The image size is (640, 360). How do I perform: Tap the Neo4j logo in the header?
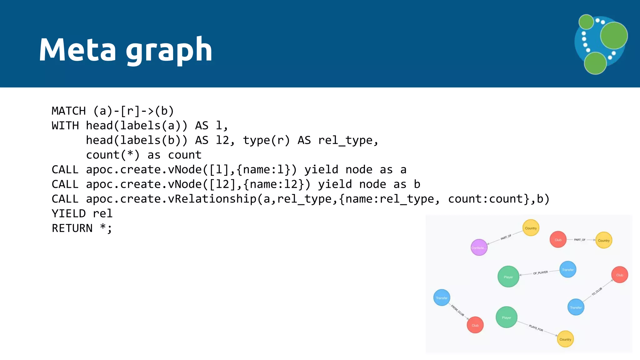601,44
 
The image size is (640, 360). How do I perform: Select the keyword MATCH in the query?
69,111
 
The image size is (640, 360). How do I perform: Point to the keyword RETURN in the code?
72,228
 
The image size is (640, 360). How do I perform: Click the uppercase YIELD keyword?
69,214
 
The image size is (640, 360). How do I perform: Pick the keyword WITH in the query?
65,126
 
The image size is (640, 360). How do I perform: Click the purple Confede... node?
479,247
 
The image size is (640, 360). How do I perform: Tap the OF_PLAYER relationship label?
540,273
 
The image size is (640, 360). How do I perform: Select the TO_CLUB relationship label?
597,292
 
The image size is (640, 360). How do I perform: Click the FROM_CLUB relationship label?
457,310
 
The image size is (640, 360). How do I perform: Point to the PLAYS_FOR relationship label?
536,328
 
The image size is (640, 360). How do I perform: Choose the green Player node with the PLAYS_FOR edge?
506,317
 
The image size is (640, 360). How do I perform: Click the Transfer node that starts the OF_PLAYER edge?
567,269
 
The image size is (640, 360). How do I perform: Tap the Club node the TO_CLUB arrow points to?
619,275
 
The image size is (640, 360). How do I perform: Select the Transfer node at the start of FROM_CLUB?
442,297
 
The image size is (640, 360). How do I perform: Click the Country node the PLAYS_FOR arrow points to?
565,339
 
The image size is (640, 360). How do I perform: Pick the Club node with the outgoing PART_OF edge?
558,240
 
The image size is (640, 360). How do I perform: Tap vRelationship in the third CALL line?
212,199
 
